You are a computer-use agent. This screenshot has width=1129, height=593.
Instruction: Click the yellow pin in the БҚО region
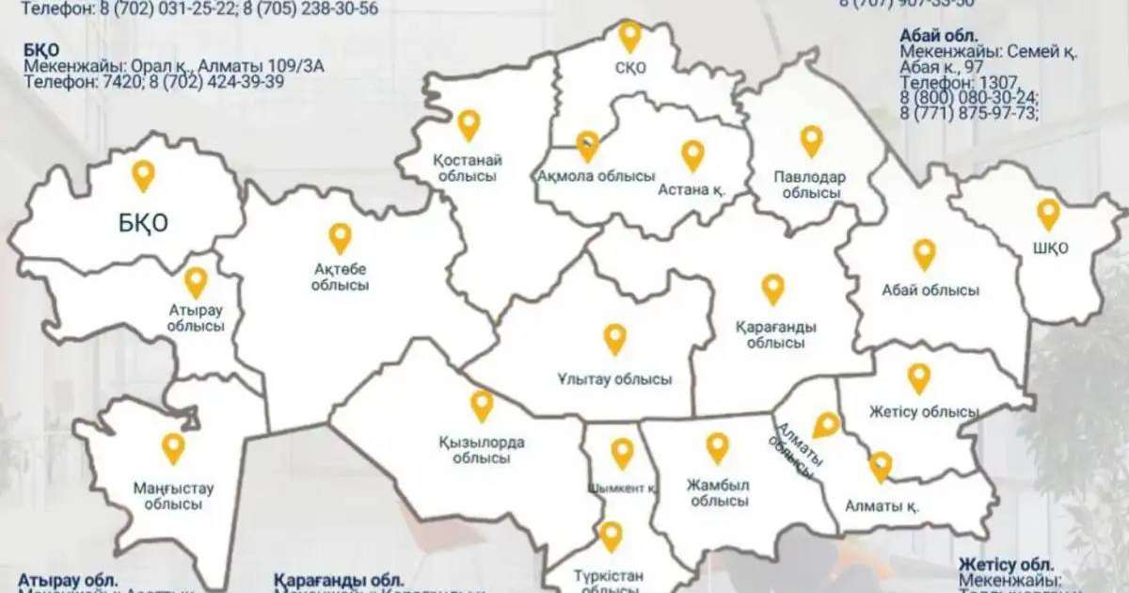click(143, 175)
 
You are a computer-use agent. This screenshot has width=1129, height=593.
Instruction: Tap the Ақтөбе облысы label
click(340, 278)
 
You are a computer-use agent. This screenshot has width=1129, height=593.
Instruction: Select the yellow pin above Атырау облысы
click(196, 281)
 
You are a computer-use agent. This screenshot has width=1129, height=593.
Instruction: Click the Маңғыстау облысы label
click(173, 496)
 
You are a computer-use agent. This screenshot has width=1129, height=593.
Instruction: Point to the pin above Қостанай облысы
click(469, 124)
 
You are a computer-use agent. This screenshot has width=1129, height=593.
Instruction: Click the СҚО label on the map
click(630, 67)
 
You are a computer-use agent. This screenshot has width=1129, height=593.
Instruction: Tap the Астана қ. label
click(692, 189)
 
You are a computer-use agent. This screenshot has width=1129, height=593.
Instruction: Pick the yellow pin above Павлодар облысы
click(811, 140)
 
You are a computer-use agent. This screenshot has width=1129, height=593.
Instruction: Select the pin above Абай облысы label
click(924, 253)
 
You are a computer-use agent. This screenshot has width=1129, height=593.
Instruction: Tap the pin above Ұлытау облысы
click(614, 338)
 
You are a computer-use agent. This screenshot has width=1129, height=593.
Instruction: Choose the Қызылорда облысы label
click(482, 451)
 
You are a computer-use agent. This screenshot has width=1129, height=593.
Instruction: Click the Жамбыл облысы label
click(718, 493)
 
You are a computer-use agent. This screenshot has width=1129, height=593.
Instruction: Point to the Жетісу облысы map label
click(924, 412)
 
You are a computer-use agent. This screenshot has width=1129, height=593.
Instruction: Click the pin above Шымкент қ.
click(622, 453)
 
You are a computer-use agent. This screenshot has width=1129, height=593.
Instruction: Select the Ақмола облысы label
click(596, 176)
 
